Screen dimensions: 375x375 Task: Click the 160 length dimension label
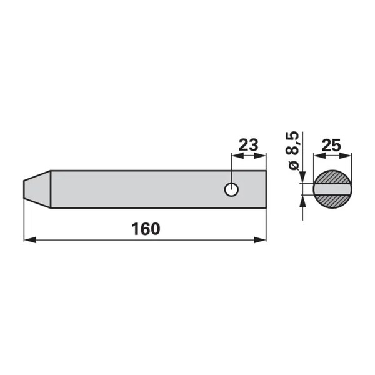[146, 229]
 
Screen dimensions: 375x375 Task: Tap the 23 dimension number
[249, 145]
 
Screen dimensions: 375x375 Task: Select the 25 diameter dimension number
[331, 146]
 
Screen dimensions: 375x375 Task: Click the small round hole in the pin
[231, 189]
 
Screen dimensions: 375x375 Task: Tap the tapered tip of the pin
[37, 189]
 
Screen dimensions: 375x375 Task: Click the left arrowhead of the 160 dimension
[30, 240]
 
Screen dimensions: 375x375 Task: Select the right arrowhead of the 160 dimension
[260, 240]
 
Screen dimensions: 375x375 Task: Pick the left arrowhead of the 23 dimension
[237, 156]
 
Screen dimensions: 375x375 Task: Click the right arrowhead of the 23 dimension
[260, 156]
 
